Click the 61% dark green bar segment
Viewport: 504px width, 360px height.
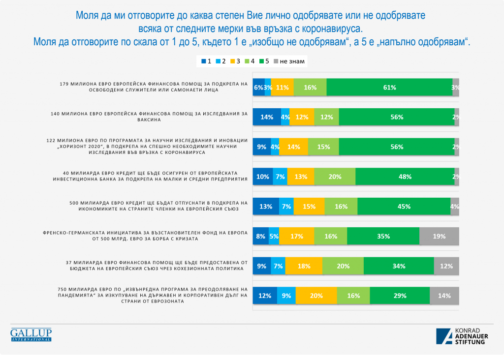[x=389, y=87]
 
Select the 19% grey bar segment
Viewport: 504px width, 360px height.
[x=439, y=236]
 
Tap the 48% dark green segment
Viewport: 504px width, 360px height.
[x=405, y=177]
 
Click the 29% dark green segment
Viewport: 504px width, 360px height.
[x=400, y=296]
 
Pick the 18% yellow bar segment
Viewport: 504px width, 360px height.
[x=304, y=266]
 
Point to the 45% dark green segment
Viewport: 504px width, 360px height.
[x=404, y=207]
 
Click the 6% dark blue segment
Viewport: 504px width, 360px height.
[x=258, y=87]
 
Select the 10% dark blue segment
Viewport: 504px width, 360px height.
[x=262, y=177]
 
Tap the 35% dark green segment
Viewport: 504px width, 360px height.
[x=383, y=236]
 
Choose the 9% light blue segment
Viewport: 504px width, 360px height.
[x=286, y=296]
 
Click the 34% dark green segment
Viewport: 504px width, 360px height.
[x=399, y=266]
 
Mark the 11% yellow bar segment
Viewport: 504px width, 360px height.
[x=282, y=87]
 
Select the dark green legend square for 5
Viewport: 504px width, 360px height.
[x=261, y=61]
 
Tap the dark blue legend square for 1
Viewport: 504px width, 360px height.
[x=204, y=61]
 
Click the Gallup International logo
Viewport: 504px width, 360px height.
[x=31, y=334]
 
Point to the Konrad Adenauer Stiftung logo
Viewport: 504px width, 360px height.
[x=461, y=335]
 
